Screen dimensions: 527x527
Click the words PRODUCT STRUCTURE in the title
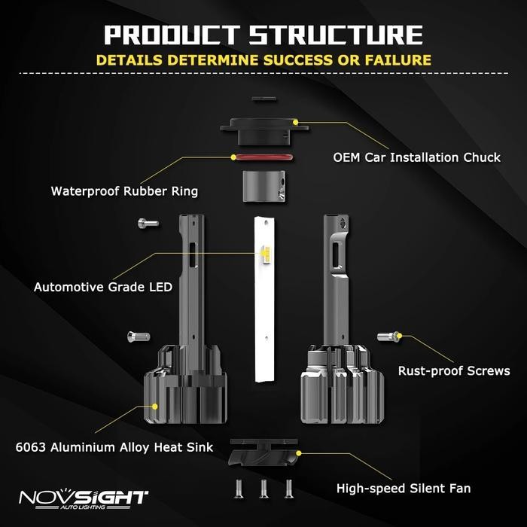pos(263,35)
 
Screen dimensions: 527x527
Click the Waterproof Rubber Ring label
pos(124,190)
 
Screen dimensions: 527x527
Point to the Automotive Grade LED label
pos(103,287)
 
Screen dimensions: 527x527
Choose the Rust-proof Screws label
pos(454,370)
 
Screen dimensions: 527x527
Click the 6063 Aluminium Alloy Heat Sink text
pos(114,447)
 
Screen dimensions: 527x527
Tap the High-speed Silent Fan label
pos(404,489)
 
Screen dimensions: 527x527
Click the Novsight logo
pos(84,499)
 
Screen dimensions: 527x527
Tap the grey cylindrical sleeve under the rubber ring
pos(263,185)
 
